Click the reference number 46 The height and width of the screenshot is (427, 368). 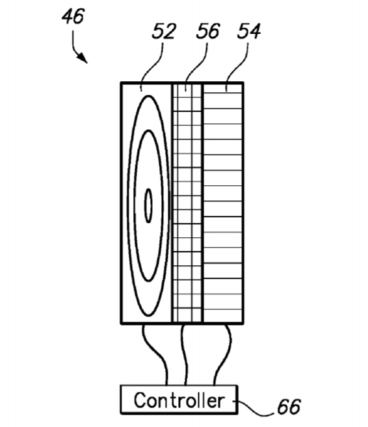[x=73, y=16]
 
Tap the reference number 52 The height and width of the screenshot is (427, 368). [x=164, y=31]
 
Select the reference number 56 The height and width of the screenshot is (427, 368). [x=208, y=31]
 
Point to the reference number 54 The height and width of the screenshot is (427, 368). [x=249, y=31]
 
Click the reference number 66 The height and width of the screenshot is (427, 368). [x=289, y=407]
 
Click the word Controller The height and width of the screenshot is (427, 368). [x=179, y=400]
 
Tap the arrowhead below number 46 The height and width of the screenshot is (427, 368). [x=83, y=58]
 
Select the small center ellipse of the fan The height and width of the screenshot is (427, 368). [x=148, y=205]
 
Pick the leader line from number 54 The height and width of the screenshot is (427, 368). [x=237, y=66]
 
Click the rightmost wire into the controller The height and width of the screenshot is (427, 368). [x=226, y=354]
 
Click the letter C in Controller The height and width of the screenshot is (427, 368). [x=140, y=400]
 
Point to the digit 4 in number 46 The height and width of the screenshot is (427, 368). [x=67, y=16]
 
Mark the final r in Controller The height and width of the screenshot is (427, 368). [x=222, y=402]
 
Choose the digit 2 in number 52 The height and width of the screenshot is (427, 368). [x=170, y=31]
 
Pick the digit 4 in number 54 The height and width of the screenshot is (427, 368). [x=256, y=31]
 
